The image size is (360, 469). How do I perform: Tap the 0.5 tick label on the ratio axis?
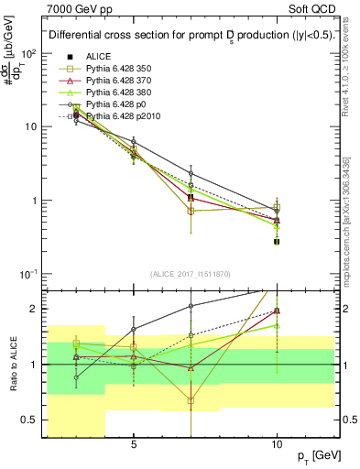pyautogui.click(x=29, y=420)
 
